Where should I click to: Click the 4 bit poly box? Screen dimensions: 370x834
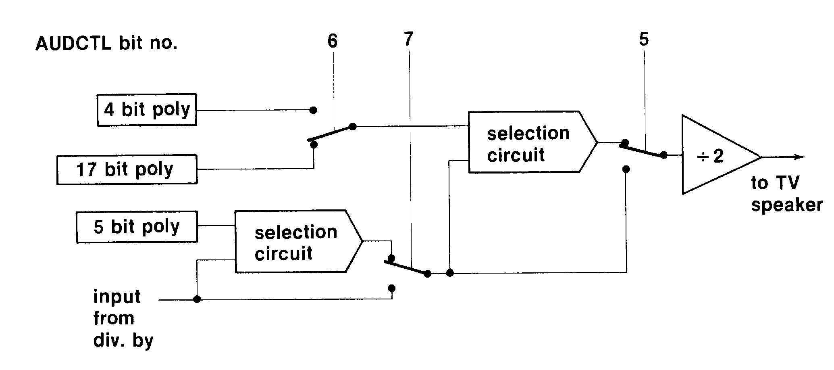pyautogui.click(x=147, y=110)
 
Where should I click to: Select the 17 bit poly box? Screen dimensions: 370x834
pyautogui.click(x=127, y=169)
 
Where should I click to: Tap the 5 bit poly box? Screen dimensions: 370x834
pyautogui.click(x=137, y=227)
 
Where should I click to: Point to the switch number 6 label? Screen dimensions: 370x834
pyautogui.click(x=332, y=41)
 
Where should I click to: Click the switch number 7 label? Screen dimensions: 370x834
pyautogui.click(x=408, y=39)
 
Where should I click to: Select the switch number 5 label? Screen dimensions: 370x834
pyautogui.click(x=644, y=40)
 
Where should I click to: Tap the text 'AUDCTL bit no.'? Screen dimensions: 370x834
pyautogui.click(x=106, y=43)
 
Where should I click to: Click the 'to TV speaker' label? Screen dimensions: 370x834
pyautogui.click(x=786, y=194)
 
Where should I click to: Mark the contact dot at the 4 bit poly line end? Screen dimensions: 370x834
pyautogui.click(x=313, y=110)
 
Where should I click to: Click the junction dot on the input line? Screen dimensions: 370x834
pyautogui.click(x=197, y=299)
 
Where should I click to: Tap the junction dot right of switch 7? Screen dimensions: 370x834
pyautogui.click(x=450, y=273)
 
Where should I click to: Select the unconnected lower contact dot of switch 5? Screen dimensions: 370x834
pyautogui.click(x=626, y=169)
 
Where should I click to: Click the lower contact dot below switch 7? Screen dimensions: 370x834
pyautogui.click(x=391, y=288)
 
